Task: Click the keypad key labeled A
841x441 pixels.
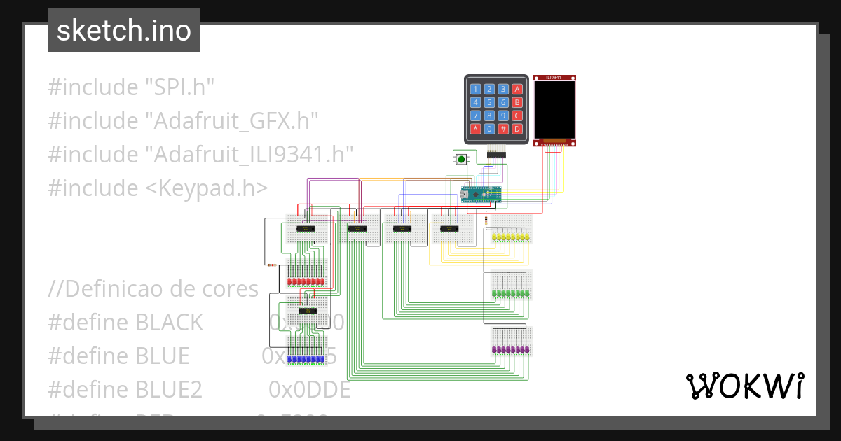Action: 517,89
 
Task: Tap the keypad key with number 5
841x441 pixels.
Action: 489,102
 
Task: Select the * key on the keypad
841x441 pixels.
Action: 475,129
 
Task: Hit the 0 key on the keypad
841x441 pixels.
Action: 489,129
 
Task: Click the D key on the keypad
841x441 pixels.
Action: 517,129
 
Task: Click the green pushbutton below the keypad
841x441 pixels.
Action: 460,160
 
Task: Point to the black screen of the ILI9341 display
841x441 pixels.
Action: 554,109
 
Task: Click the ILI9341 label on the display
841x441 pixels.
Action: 554,78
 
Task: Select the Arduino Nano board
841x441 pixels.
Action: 482,195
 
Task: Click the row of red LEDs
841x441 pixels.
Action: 306,281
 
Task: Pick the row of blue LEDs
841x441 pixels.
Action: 306,359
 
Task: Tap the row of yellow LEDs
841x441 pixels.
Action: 511,238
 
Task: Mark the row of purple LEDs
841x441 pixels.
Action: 511,349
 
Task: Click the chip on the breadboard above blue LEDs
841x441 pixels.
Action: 307,310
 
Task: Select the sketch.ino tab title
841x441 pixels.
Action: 124,31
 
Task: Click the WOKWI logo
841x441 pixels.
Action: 744,386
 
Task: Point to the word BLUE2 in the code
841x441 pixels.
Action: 169,389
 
